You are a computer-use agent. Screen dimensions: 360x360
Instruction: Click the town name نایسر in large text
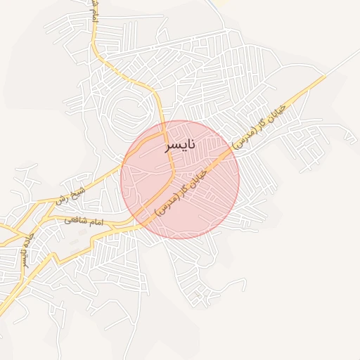[179, 146]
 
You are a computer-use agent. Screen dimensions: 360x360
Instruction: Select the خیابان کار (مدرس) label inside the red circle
[181, 191]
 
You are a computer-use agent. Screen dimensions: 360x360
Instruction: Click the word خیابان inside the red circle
[198, 174]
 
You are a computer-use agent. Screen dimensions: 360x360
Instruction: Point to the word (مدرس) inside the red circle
[165, 206]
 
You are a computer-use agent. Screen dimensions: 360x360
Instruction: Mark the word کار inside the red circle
[184, 188]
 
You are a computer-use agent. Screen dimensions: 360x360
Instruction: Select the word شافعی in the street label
[75, 220]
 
